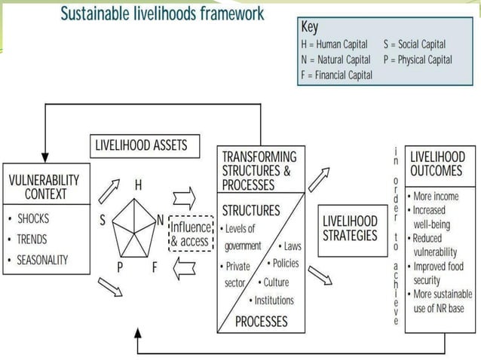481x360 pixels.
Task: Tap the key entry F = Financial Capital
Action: point(336,75)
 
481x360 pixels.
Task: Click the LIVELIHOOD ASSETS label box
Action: point(142,145)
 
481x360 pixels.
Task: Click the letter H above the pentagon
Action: point(139,185)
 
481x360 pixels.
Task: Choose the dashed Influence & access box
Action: point(191,233)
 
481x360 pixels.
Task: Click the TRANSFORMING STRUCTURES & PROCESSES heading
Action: point(259,170)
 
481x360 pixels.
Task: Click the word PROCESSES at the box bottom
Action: point(262,322)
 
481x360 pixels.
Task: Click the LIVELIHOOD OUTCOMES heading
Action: point(438,163)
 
